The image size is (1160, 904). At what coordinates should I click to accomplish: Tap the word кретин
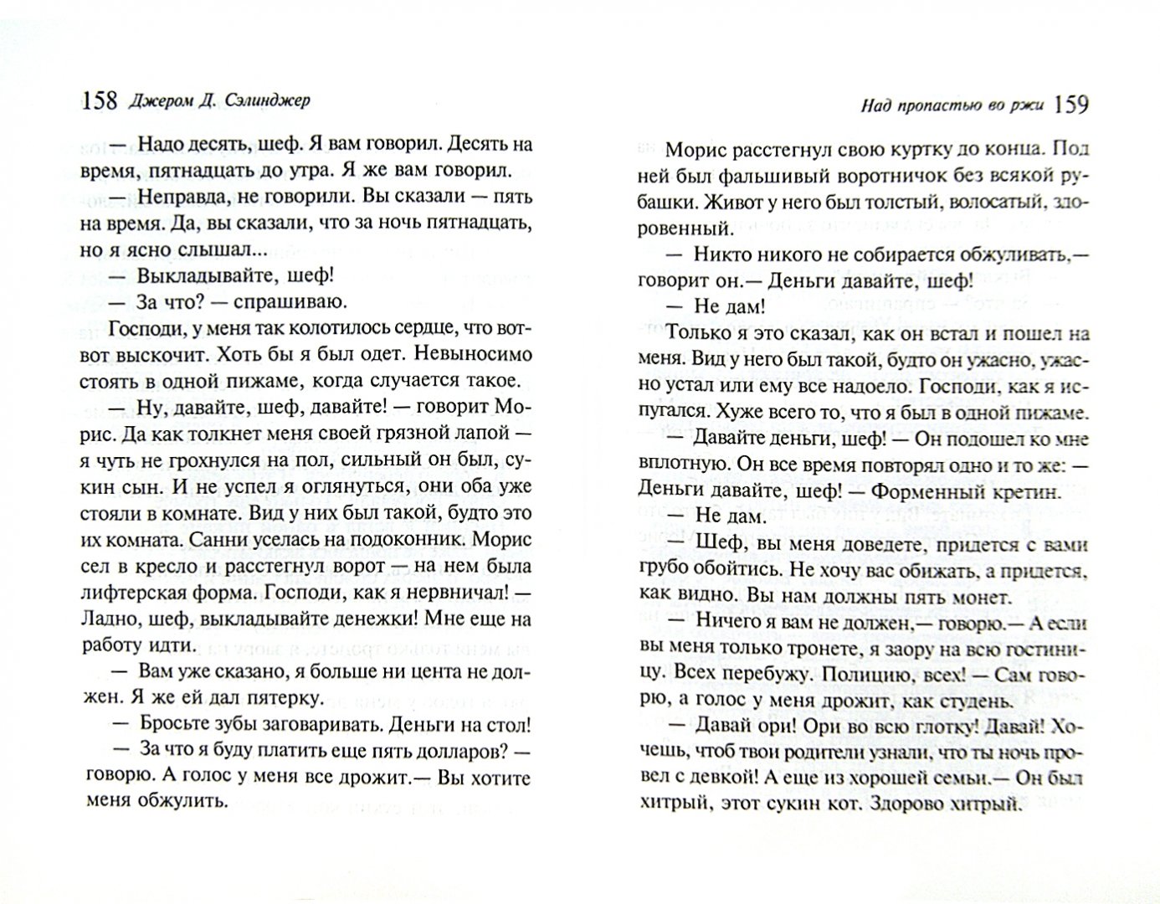tap(1010, 491)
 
